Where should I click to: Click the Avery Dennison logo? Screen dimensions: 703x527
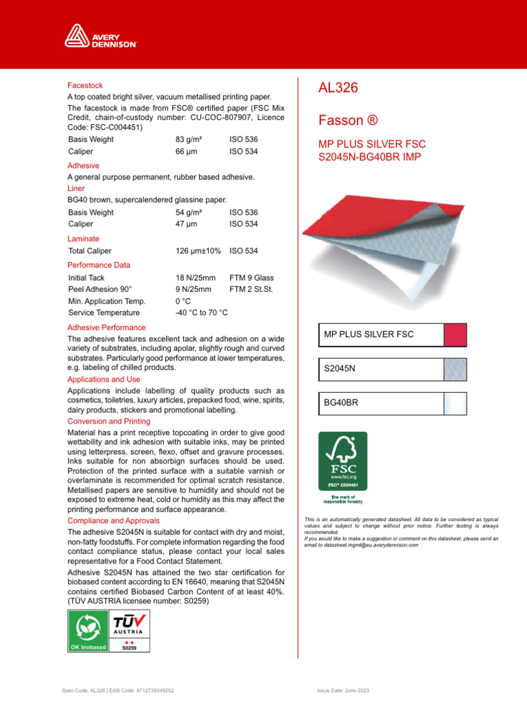click(x=101, y=36)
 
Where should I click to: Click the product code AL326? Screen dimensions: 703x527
click(x=338, y=88)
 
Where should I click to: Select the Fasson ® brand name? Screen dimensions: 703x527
click(x=348, y=121)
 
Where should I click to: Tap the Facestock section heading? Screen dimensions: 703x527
click(x=85, y=86)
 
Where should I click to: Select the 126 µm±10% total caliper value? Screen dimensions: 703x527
click(x=198, y=251)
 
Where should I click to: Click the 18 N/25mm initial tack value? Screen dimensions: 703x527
click(x=196, y=277)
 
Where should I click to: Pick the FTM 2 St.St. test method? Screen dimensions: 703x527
click(x=250, y=290)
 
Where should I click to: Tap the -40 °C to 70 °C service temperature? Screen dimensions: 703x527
click(x=202, y=313)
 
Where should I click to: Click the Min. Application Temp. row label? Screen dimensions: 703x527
click(x=106, y=301)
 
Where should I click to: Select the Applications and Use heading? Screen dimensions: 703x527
click(x=104, y=379)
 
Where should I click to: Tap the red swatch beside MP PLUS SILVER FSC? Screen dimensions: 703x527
click(x=456, y=334)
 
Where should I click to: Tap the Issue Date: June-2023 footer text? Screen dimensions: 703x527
click(x=342, y=690)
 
